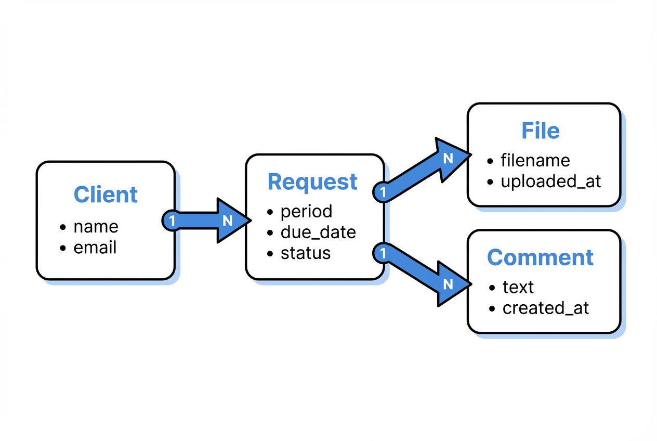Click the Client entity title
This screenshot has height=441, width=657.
pos(106,194)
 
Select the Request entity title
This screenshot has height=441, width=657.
pos(312,182)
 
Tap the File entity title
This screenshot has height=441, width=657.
pos(541,131)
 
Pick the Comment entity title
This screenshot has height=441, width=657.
pos(541,257)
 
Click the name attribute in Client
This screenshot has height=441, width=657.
pos(96,227)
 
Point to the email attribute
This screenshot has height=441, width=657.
pos(95,248)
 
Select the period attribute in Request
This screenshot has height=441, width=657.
pos(306,212)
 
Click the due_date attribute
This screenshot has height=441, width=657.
pos(318,232)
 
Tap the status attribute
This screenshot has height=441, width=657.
pos(306,253)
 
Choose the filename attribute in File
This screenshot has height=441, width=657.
pos(535,160)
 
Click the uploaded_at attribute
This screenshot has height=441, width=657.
pos(551,181)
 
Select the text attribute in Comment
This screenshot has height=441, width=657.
pos(518,287)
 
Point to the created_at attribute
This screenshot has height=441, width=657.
pos(546,308)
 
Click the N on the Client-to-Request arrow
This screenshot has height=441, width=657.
pos(227,220)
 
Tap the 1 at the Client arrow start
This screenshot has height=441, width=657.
pos(172,220)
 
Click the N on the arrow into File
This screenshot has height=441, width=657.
pos(448,159)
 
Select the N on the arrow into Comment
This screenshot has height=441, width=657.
pos(448,284)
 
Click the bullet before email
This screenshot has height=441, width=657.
pos(63,248)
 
